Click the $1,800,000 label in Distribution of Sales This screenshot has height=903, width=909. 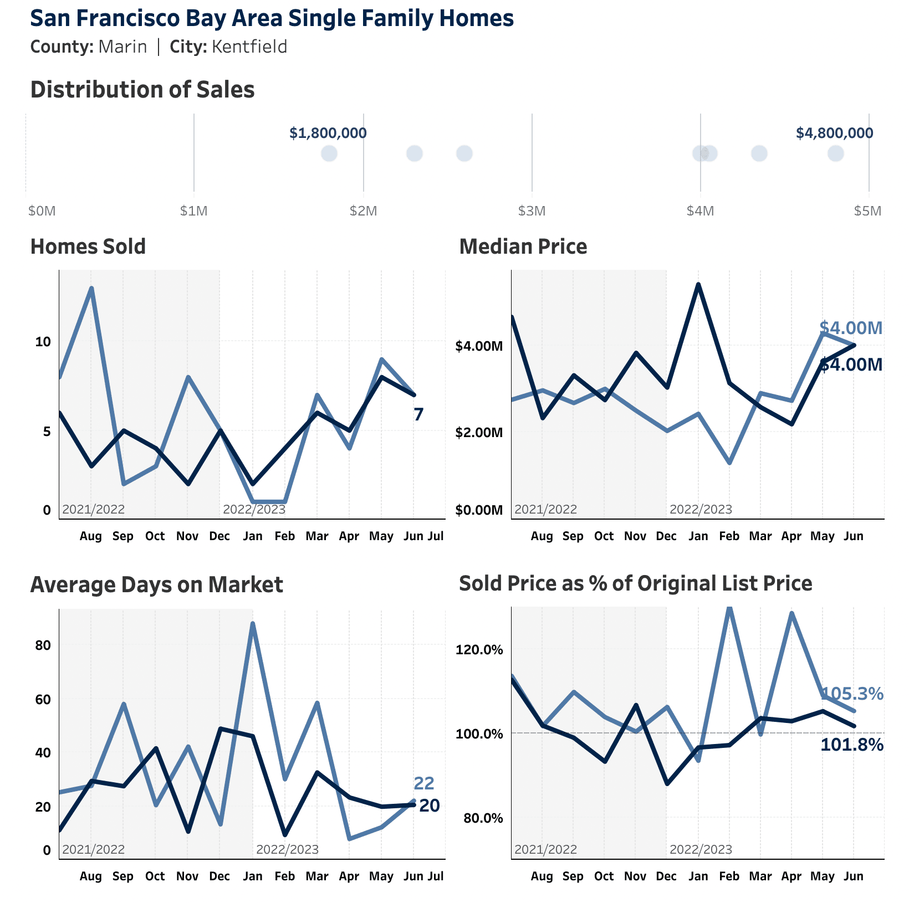click(328, 133)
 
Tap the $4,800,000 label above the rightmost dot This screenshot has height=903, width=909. click(834, 133)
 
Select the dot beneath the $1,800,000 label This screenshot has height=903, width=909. click(329, 153)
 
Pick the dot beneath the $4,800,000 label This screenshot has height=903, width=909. click(835, 153)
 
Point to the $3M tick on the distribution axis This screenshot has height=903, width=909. click(532, 211)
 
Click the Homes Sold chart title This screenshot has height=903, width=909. click(88, 247)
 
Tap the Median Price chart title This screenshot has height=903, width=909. click(523, 247)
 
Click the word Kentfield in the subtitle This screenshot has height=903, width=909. click(249, 47)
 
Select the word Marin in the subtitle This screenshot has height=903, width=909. click(122, 47)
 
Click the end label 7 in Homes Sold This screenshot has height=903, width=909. click(418, 414)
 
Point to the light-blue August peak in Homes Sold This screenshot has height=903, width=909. click(91, 288)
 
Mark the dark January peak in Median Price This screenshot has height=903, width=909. click(698, 284)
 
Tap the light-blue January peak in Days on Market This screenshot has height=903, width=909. click(253, 623)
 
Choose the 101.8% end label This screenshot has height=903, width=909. click(851, 745)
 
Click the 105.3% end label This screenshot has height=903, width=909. click(851, 694)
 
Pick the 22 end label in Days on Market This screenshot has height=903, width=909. click(424, 783)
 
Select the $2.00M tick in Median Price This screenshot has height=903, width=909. click(479, 432)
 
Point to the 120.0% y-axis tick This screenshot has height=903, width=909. click(479, 650)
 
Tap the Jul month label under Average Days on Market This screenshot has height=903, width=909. click(436, 876)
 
